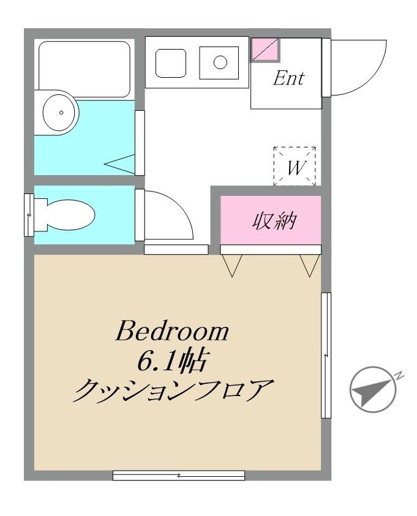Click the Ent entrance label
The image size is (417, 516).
(x=288, y=78)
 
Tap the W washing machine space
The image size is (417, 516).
(x=295, y=166)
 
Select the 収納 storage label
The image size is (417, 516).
(x=274, y=221)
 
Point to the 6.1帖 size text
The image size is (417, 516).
(x=172, y=361)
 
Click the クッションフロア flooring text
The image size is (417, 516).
(x=173, y=390)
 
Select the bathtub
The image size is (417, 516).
(x=84, y=69)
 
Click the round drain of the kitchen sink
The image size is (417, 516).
(x=220, y=62)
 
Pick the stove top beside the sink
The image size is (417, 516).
(x=171, y=63)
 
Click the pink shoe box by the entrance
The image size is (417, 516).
(x=266, y=50)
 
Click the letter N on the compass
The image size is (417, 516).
(x=400, y=376)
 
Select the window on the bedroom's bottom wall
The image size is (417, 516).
(x=179, y=475)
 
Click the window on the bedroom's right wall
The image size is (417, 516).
(x=326, y=356)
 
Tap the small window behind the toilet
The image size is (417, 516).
(x=29, y=215)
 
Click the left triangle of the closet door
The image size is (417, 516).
(x=232, y=265)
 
